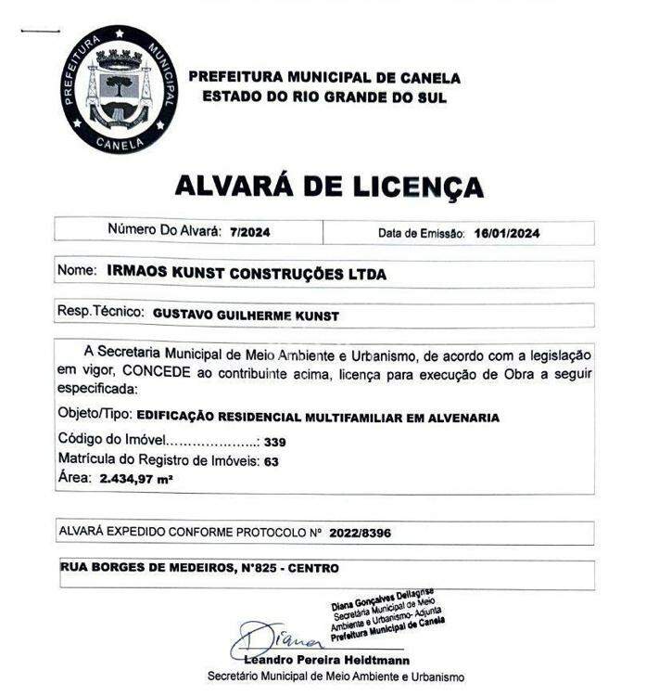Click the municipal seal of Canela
(x=118, y=90)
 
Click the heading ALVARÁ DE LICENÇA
(x=329, y=186)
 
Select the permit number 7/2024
(x=249, y=232)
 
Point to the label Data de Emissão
(x=421, y=233)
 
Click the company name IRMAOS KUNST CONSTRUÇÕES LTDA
(x=247, y=274)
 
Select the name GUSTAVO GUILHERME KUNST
(x=246, y=316)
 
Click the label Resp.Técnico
(x=101, y=315)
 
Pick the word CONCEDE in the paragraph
(x=155, y=373)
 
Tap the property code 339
(x=274, y=442)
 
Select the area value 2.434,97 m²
(x=136, y=479)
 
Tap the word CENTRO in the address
(x=313, y=567)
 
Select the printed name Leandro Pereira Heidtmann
(x=327, y=660)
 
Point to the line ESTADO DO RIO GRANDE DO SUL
(x=324, y=97)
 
